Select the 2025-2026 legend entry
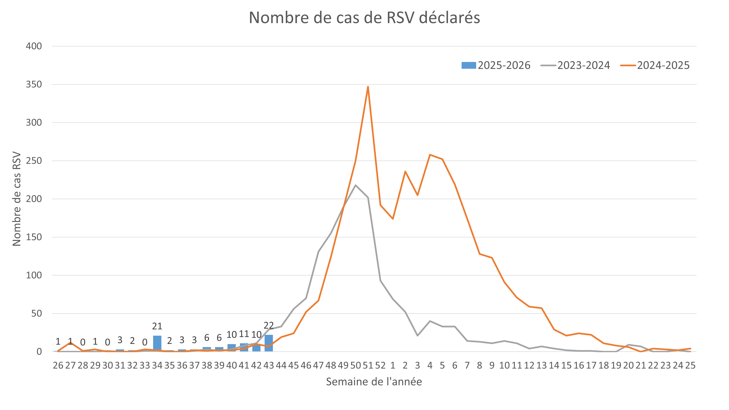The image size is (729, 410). coord(496,65)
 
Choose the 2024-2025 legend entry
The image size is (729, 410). coord(655,65)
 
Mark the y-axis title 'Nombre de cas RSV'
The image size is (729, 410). coord(17,199)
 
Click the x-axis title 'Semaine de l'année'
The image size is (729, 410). coord(374,382)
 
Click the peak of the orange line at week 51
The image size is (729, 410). coord(368,87)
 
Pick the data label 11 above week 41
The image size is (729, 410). coord(244,334)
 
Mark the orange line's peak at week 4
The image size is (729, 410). coord(430,155)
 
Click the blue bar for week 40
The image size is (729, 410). coord(231,348)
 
